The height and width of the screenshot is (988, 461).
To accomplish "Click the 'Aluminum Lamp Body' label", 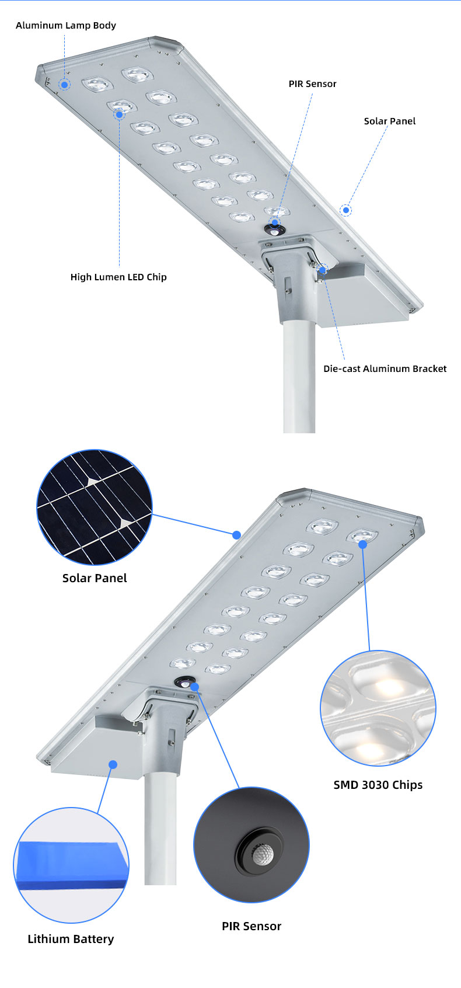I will tap(65, 25).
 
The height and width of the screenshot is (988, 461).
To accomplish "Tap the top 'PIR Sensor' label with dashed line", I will tap(312, 84).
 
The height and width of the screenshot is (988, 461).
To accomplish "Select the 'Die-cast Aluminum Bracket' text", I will tap(385, 368).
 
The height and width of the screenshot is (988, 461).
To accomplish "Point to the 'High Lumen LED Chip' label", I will tap(118, 277).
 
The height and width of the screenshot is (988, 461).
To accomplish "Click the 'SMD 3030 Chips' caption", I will tap(378, 785).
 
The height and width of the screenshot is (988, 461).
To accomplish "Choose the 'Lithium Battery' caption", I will tap(71, 939).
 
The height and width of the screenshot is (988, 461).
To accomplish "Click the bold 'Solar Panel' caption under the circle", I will tap(95, 578).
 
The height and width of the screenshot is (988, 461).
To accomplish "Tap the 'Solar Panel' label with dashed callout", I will tap(390, 121).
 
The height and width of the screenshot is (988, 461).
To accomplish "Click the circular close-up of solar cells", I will tap(95, 507).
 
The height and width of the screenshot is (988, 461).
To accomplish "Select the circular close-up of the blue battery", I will tap(71, 865).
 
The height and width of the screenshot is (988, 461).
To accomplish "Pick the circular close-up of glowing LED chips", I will tap(378, 708).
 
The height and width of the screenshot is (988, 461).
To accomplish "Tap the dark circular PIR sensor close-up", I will tap(252, 844).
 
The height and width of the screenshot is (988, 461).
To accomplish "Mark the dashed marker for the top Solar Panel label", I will tap(346, 210).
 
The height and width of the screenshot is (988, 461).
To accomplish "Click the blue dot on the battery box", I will tap(113, 764).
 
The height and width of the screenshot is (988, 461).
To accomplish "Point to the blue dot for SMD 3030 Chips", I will tap(362, 544).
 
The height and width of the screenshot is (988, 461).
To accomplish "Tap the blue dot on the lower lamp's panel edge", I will tap(236, 535).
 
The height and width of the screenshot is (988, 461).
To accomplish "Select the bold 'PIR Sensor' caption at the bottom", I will tap(252, 926).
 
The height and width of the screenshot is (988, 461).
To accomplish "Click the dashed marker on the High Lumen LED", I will tap(120, 114).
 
